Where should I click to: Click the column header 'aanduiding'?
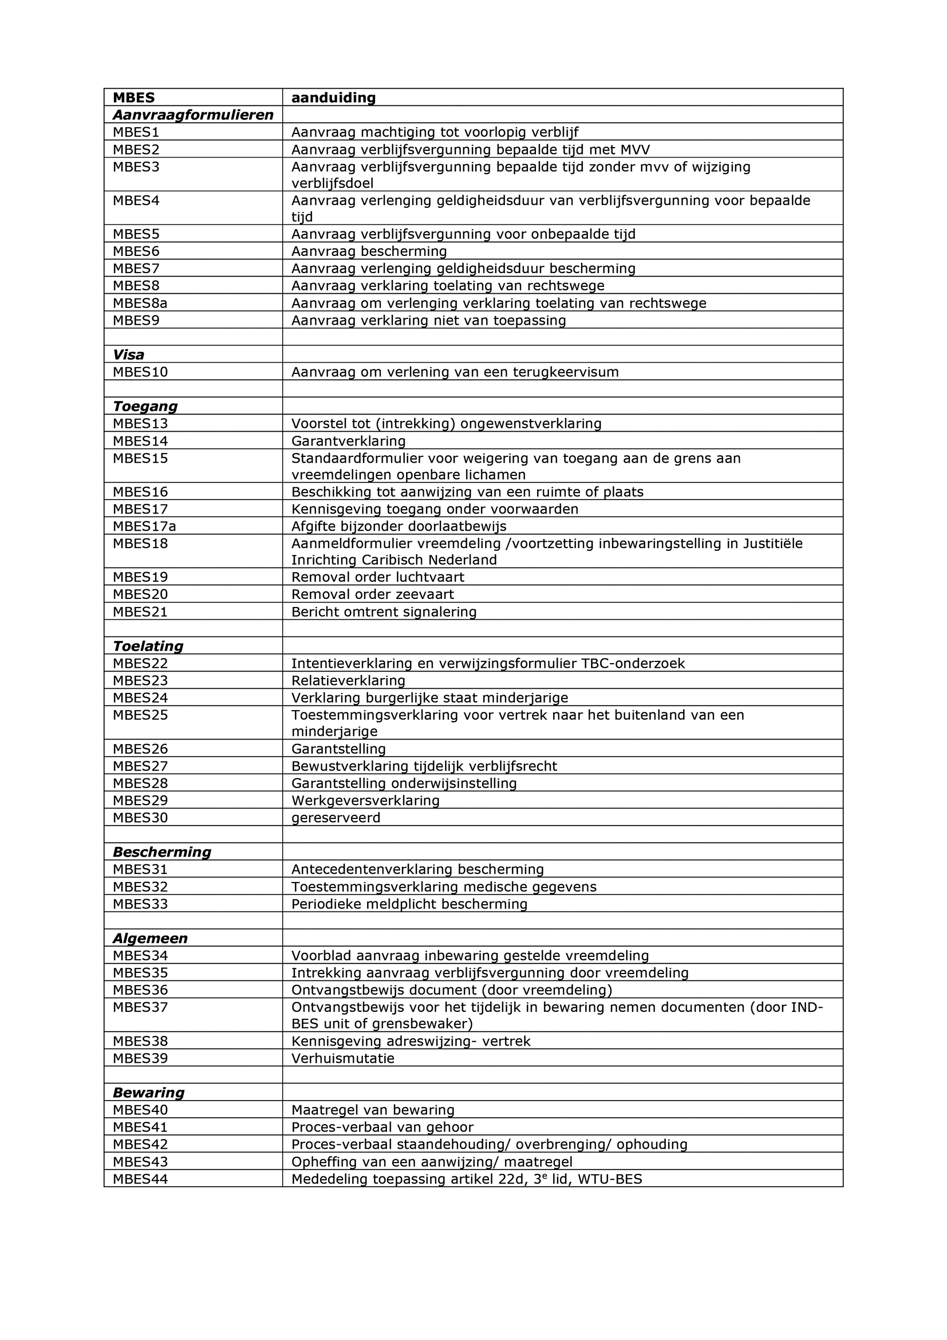333,97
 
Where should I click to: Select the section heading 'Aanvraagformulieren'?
193,115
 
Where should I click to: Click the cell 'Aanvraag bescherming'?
369,252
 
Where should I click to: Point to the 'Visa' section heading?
128,355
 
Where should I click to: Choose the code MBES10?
140,372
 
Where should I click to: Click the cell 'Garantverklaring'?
348,441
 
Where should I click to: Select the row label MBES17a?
144,526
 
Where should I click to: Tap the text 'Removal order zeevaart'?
372,594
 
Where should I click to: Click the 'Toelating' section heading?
148,646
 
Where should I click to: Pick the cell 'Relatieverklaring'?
348,681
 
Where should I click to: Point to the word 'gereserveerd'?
336,817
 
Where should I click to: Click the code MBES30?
140,817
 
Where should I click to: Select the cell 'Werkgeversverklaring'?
366,800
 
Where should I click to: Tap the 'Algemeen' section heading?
150,938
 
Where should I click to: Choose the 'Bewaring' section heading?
148,1093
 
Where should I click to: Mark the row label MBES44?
140,1179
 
